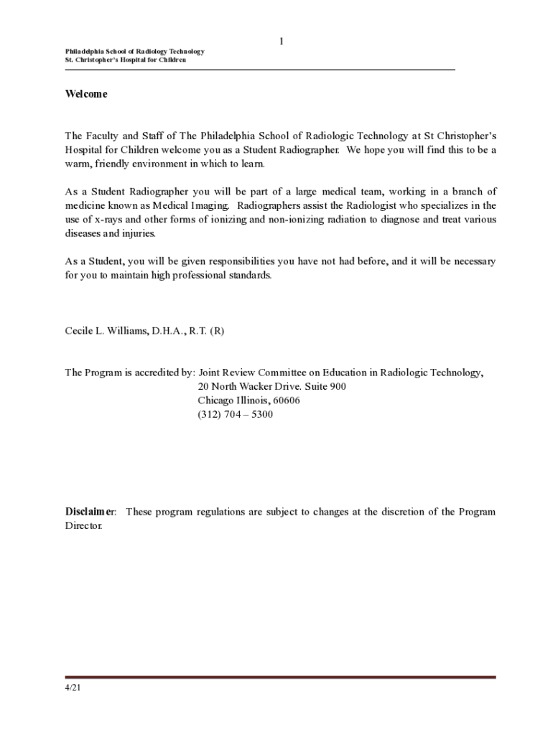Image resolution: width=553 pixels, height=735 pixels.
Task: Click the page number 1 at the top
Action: [x=282, y=42]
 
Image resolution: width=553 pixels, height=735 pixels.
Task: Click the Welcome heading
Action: [x=86, y=94]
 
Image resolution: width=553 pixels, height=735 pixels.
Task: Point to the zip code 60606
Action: [x=286, y=401]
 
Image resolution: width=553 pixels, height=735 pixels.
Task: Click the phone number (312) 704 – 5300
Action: [x=235, y=414]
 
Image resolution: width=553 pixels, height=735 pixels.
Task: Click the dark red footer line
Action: [x=280, y=677]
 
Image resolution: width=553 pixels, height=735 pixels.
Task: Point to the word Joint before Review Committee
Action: [x=210, y=373]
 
